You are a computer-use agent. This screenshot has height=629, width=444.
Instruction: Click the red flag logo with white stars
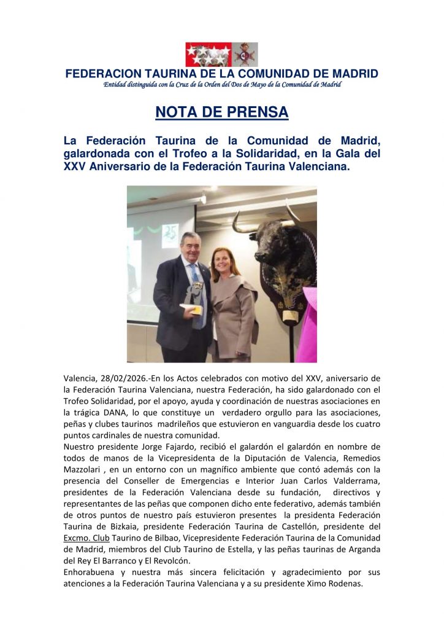209,55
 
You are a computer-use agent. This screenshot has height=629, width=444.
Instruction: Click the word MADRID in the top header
352,74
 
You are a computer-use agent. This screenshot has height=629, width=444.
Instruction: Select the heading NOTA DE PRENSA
221,112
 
